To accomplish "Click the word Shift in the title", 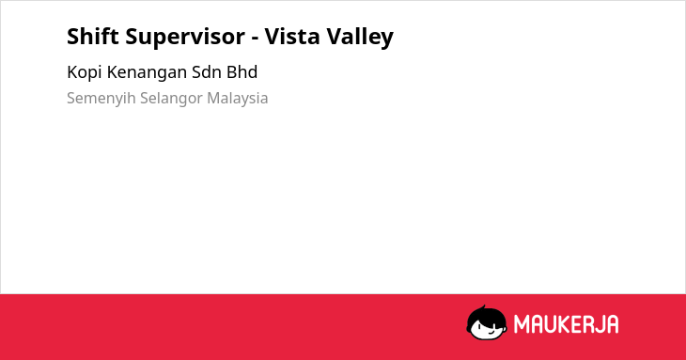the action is click(x=93, y=36).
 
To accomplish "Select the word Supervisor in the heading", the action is click(x=185, y=38).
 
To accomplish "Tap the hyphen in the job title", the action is click(x=255, y=39).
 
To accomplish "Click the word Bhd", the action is click(x=242, y=72).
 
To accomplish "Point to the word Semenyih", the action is click(x=101, y=99).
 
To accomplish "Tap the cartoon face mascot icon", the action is click(x=487, y=322).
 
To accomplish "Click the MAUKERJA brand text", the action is click(x=566, y=324).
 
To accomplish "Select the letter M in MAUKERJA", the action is click(x=521, y=324).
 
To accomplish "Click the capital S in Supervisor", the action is click(x=133, y=37).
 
